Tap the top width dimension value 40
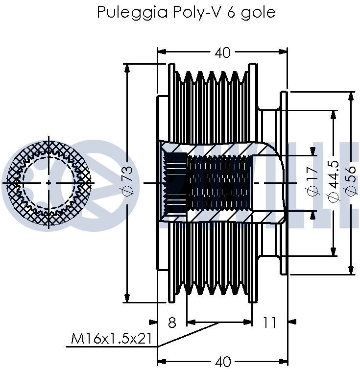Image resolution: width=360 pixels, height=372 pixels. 222,52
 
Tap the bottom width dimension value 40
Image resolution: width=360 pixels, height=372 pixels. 222,362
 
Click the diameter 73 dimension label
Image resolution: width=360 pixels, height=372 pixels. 126,182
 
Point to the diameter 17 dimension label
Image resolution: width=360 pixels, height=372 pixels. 312,182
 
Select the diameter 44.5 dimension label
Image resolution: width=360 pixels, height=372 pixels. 334,182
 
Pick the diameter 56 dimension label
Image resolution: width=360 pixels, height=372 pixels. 351,182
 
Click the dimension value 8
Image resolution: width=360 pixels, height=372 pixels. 172,322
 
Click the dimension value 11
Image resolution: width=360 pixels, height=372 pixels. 269,322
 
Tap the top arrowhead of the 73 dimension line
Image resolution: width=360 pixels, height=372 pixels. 127,68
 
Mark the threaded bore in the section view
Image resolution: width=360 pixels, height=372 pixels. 220,182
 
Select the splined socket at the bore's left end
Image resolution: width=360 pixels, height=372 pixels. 174,182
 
